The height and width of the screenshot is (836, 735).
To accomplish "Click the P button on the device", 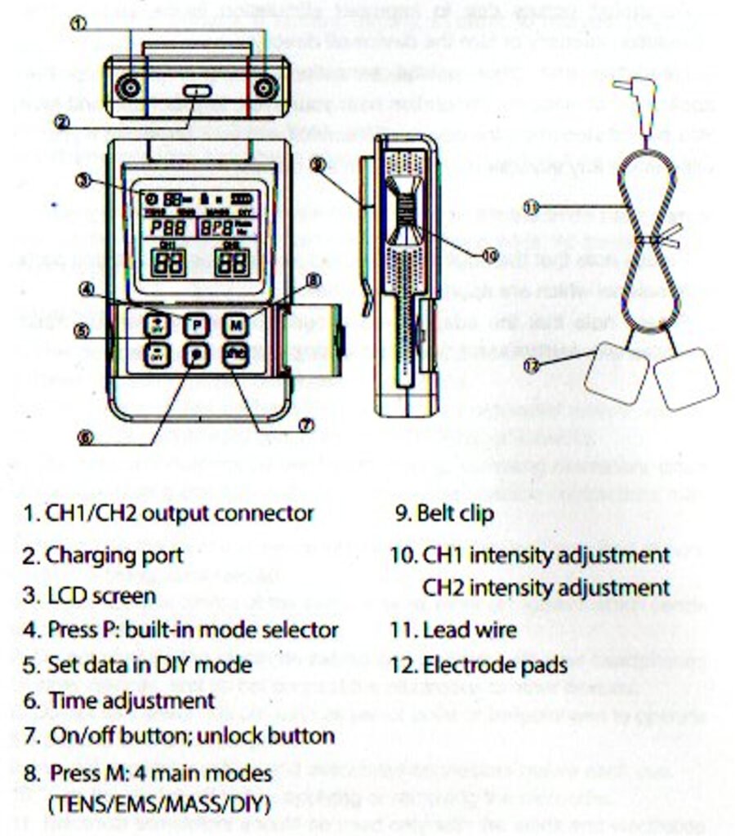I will point(195,325).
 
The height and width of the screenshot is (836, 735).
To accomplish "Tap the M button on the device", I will point(236,325).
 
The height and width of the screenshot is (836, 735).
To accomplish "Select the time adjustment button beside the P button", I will point(195,356).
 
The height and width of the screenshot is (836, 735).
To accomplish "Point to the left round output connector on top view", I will point(128,87).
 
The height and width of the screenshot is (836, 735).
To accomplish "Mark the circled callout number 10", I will point(489,256).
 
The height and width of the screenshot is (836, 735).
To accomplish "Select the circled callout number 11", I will point(532,208).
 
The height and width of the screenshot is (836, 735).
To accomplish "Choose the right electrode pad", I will point(686,379).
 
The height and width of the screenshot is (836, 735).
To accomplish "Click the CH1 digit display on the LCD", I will point(168,261).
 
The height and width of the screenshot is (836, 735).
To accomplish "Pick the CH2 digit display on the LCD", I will point(233,261).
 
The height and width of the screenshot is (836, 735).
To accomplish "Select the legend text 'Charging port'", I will point(114,556).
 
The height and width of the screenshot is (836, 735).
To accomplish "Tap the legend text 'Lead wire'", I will point(470,629).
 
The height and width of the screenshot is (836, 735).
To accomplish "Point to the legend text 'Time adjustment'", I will point(131,700).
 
